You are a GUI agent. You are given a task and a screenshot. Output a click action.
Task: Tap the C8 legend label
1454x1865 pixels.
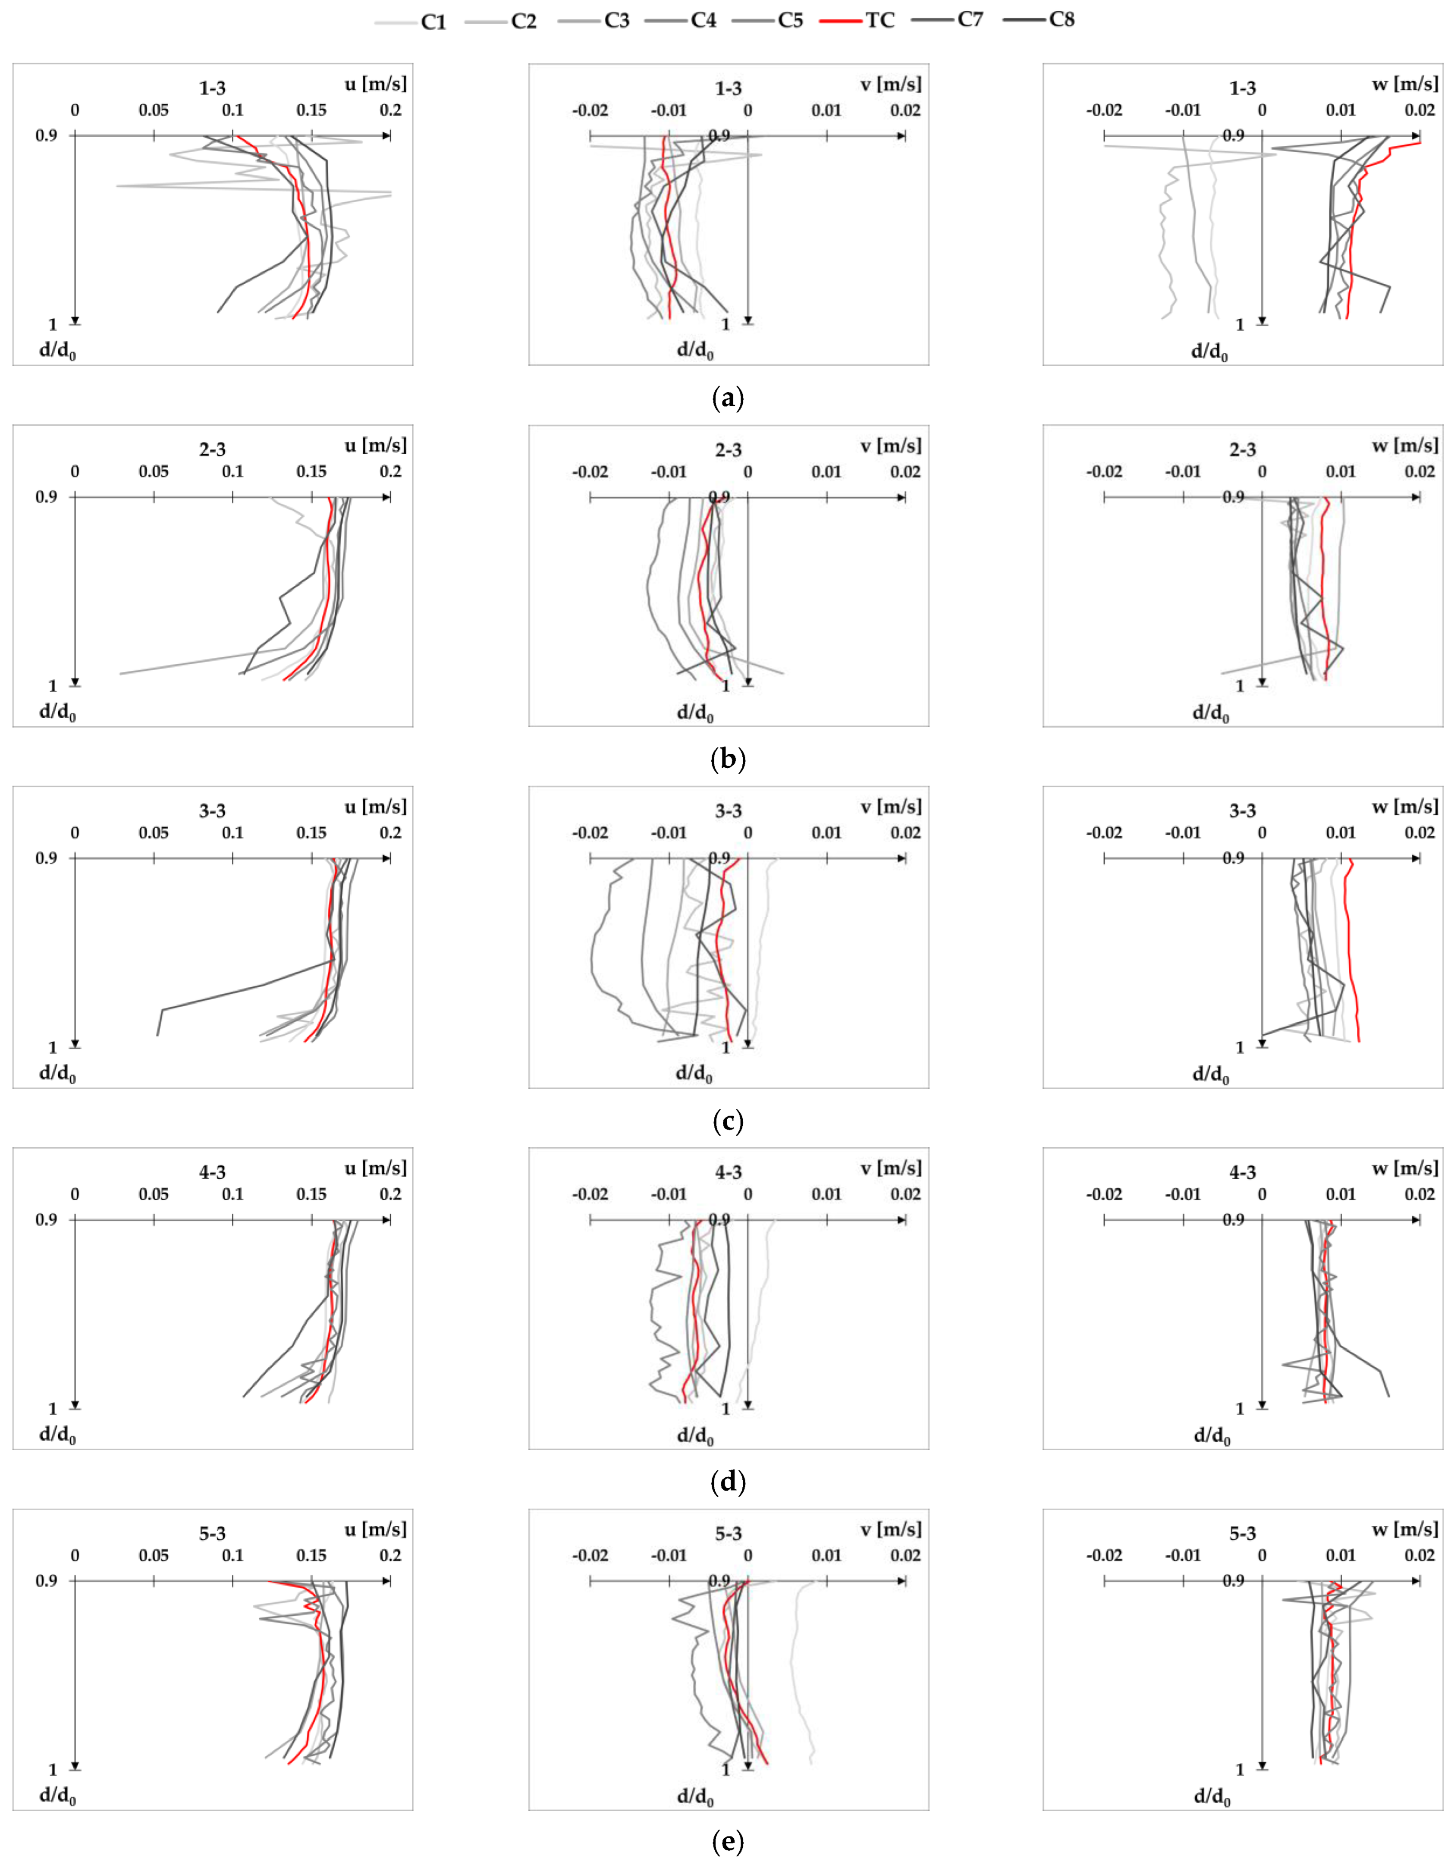click(1061, 20)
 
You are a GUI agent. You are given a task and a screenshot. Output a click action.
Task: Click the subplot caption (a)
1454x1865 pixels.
click(727, 398)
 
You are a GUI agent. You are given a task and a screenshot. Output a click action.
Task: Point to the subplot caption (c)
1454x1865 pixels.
click(727, 1121)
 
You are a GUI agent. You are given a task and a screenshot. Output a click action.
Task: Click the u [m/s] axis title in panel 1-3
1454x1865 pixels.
click(376, 84)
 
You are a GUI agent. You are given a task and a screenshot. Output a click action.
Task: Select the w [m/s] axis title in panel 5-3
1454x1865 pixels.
click(1404, 1529)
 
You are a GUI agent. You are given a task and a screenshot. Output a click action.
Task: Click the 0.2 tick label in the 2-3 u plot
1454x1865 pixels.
click(390, 471)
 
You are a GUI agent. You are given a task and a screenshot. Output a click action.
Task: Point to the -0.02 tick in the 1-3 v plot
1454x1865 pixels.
click(590, 110)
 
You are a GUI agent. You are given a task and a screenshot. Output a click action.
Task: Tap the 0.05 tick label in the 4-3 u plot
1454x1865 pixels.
click(154, 1194)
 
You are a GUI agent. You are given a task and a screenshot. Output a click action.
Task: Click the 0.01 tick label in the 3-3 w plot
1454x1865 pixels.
click(1341, 832)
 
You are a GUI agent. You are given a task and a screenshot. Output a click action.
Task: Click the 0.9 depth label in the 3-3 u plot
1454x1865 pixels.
click(46, 857)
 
